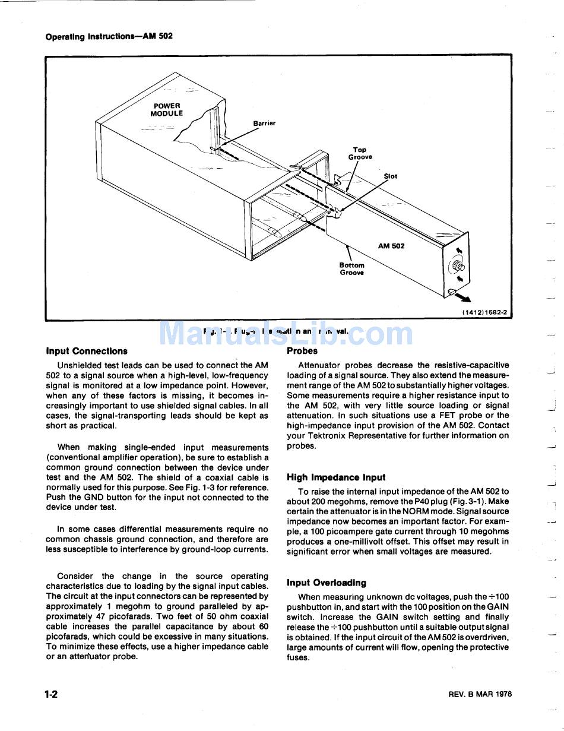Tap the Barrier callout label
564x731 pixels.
click(x=264, y=124)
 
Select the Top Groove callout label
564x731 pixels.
click(x=360, y=154)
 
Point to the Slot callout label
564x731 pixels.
click(x=391, y=176)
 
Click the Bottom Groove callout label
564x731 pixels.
click(x=352, y=269)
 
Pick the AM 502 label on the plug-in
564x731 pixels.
click(x=391, y=246)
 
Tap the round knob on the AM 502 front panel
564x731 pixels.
click(x=459, y=265)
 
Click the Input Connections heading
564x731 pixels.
click(x=87, y=351)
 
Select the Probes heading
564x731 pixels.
click(x=302, y=351)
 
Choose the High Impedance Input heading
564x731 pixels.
click(x=336, y=477)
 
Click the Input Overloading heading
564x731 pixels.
click(x=327, y=583)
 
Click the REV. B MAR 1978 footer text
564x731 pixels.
click(x=480, y=694)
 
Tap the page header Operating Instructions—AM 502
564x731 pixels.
click(x=109, y=37)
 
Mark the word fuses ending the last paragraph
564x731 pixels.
click(x=298, y=658)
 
